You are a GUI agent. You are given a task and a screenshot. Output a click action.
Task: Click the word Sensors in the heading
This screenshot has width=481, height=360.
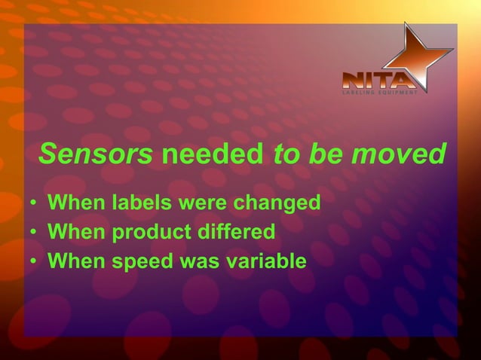coord(96,154)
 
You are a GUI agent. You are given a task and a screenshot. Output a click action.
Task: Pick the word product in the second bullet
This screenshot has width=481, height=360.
coord(148,232)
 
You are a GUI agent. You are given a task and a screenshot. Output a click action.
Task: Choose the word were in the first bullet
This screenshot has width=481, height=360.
coord(200,203)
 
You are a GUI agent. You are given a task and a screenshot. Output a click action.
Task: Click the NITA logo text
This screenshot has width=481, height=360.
coord(377,80)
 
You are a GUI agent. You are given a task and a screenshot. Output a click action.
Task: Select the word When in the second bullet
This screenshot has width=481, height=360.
coord(75,232)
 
